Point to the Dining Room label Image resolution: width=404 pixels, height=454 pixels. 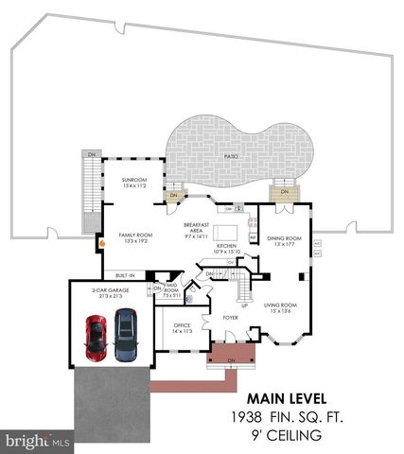click(x=284, y=239)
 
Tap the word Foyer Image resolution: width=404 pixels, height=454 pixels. click(x=229, y=319)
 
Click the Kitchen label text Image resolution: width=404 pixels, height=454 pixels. click(x=224, y=247)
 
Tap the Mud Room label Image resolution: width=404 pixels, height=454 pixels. click(x=170, y=288)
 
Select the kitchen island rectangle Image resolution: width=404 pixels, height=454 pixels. click(x=224, y=232)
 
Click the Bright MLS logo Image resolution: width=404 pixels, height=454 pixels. click(x=38, y=440)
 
